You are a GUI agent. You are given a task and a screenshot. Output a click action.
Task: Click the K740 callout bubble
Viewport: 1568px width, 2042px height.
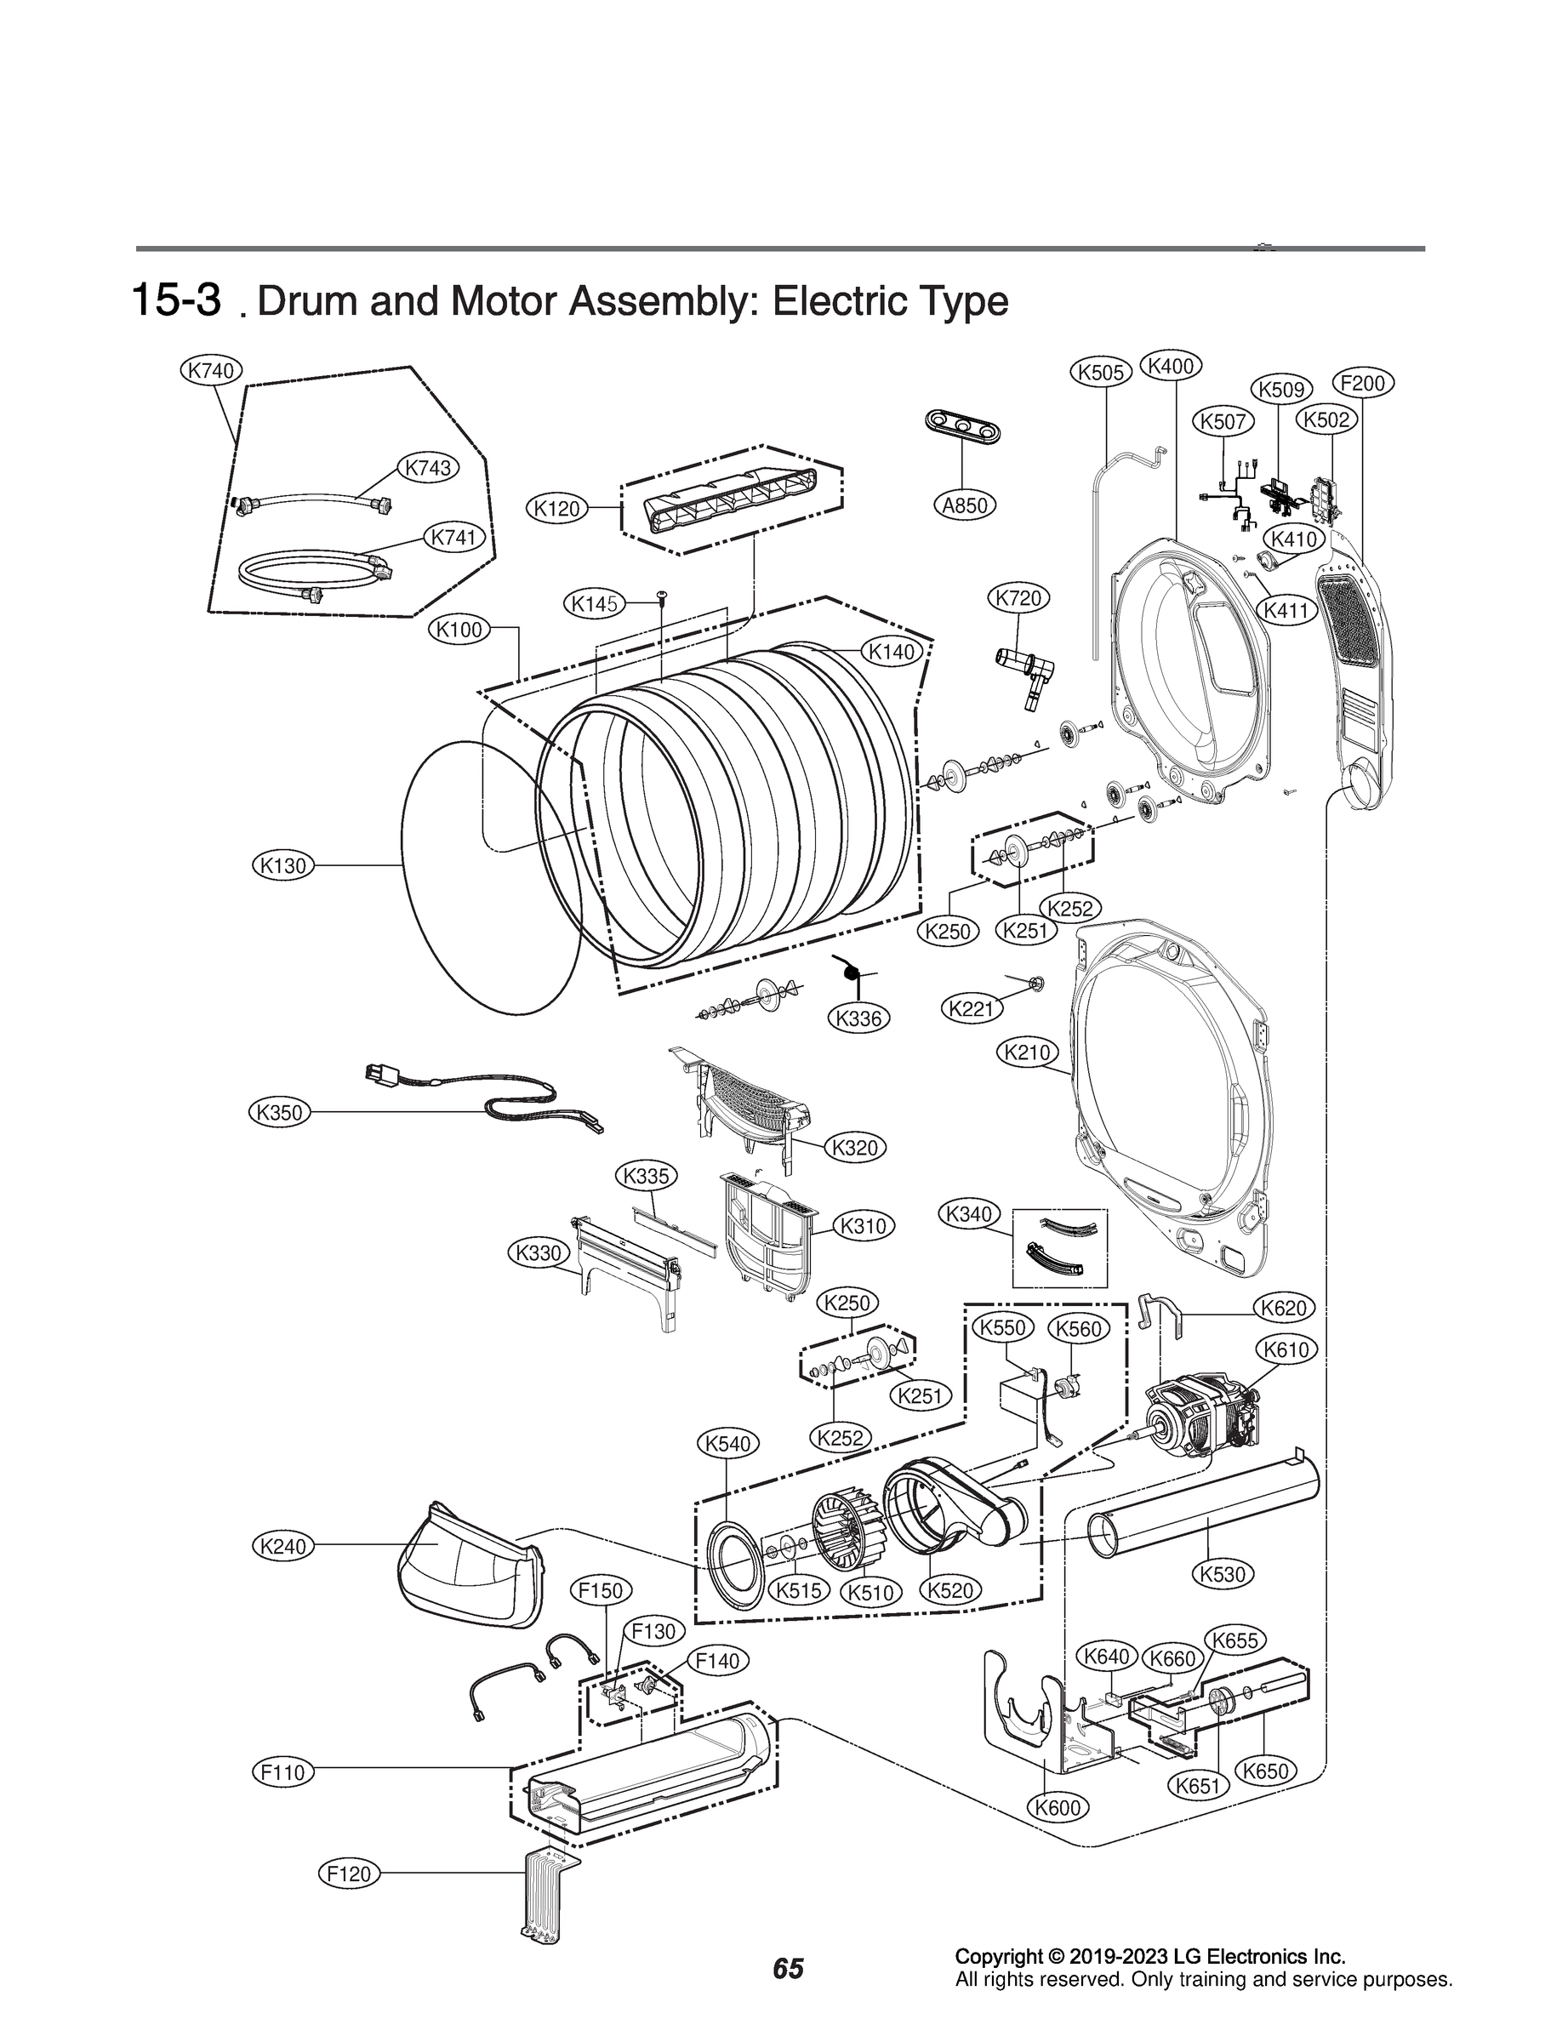[x=210, y=370]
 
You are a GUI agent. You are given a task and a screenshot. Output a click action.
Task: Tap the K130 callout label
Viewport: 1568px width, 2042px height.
[x=282, y=865]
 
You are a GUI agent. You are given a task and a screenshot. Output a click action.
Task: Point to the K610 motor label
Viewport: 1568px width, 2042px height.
[x=1286, y=1349]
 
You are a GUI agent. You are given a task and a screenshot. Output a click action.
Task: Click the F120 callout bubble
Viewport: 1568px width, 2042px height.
[x=349, y=1873]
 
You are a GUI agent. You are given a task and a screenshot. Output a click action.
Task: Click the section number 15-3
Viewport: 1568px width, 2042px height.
[x=176, y=299]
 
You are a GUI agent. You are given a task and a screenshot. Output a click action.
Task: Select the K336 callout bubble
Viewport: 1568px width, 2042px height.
[x=858, y=1018]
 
